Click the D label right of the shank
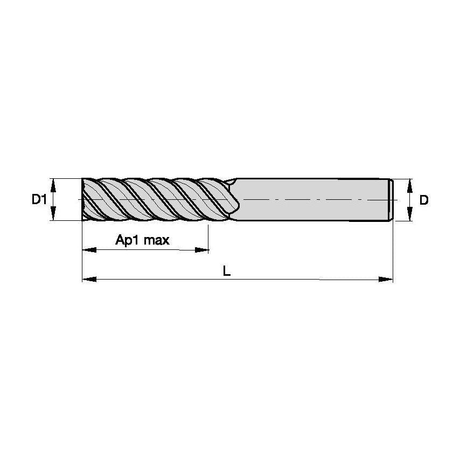tap(424, 200)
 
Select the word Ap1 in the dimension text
tap(127, 240)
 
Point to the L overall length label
tap(227, 271)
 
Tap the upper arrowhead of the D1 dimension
tap(53, 185)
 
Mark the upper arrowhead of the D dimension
tap(410, 185)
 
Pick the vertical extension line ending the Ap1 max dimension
tap(208, 237)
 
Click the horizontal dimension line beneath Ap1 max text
tap(145, 250)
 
